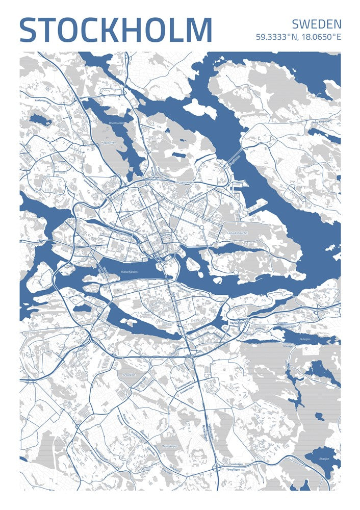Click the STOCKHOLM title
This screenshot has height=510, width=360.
click(115, 30)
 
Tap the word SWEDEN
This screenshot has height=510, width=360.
click(317, 24)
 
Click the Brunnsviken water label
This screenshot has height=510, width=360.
click(117, 123)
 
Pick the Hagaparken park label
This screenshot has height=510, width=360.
click(109, 143)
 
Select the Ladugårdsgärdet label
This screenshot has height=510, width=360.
click(235, 233)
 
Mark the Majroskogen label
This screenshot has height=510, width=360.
click(168, 446)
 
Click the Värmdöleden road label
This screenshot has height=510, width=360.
click(238, 322)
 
